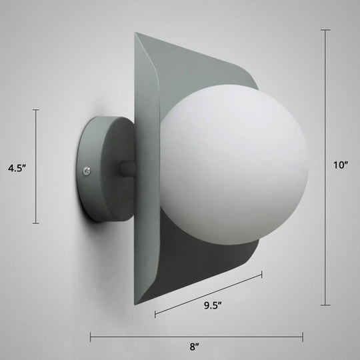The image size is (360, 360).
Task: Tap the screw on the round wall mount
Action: pos(87,172)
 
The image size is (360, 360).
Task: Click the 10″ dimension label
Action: pos(341,168)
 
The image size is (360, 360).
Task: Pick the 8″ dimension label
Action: pos(195,346)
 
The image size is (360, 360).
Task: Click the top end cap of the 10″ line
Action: pos(325,30)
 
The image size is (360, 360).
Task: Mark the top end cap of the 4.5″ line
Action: pos(36,110)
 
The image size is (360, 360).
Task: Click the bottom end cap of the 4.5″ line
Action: pos(36,223)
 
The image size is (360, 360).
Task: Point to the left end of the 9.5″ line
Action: pos(155,313)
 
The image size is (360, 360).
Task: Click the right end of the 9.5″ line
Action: pos(261,273)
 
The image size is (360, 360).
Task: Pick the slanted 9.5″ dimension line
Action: pos(208,293)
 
